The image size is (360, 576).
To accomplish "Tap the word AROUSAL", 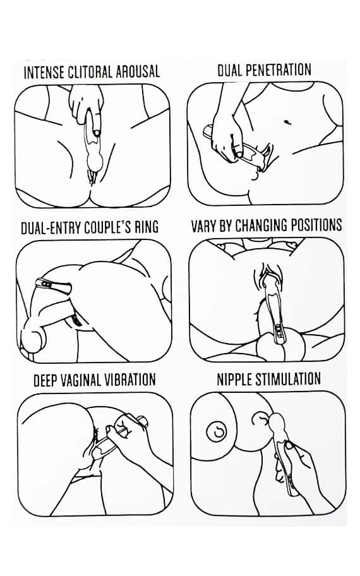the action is coord(138,71).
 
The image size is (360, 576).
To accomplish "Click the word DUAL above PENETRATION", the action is coord(229,70).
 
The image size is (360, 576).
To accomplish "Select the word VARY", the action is coord(204,225).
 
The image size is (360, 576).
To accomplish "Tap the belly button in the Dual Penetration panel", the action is coord(287,121).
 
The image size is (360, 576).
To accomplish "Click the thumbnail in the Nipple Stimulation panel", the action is coord(289,446).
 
